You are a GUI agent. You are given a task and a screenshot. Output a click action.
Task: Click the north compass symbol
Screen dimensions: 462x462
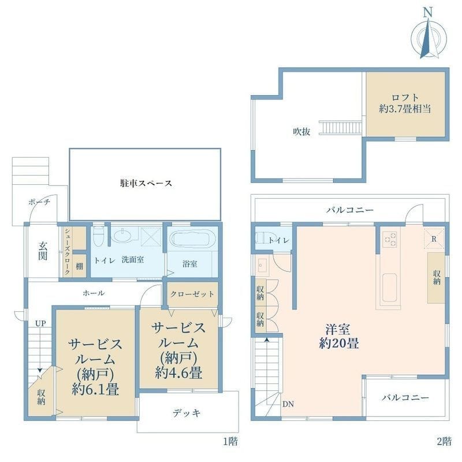click(x=427, y=36)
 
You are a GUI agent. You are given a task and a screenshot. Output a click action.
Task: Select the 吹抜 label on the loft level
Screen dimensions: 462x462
click(x=301, y=131)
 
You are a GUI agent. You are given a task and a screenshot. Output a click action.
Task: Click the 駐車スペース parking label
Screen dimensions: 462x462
click(x=145, y=184)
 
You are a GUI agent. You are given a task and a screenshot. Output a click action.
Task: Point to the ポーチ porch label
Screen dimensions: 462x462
click(x=39, y=202)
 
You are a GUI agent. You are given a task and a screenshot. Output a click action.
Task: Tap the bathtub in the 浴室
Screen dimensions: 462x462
click(x=191, y=239)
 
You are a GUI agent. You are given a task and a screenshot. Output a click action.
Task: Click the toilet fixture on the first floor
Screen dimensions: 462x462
click(x=98, y=236)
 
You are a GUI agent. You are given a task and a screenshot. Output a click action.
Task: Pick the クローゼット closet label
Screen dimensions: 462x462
click(x=192, y=294)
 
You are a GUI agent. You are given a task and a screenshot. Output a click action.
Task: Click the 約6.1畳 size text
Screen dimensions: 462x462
click(x=95, y=389)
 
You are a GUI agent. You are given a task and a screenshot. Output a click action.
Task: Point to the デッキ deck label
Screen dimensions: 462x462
click(x=187, y=413)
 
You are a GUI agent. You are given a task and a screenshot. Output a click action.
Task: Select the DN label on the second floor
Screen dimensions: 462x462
click(x=288, y=404)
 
